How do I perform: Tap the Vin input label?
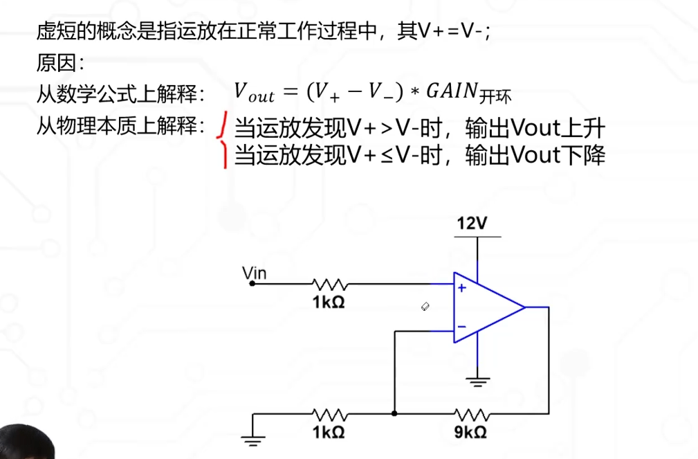tap(255, 273)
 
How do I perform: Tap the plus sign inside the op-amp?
tap(461, 287)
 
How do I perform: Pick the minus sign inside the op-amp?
tap(461, 326)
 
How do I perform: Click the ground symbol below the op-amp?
tap(477, 381)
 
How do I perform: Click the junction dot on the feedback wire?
tap(394, 414)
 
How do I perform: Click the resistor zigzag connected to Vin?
tap(330, 283)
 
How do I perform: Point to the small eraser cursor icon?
tap(425, 306)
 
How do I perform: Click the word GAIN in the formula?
tap(452, 91)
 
